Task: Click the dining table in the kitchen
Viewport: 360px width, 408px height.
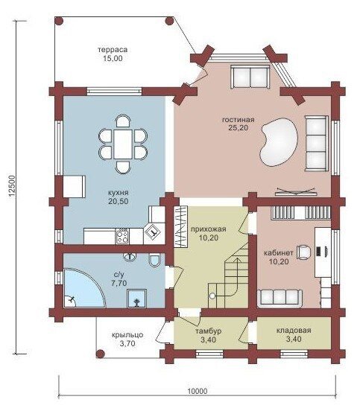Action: point(123,144)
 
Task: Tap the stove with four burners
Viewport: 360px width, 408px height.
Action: point(122,236)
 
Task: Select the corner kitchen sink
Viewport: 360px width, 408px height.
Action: point(153,231)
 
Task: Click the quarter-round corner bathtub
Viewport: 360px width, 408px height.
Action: point(83,288)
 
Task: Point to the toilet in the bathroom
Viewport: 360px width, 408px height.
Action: point(154,260)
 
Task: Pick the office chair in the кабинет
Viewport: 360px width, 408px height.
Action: point(304,252)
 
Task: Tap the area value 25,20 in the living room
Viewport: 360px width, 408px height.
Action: point(238,128)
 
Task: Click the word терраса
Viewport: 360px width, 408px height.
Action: point(113,50)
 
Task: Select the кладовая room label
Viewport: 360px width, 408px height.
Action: point(294,331)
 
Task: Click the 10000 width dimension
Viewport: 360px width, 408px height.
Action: point(198,391)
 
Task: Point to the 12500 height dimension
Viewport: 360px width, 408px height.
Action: point(12,186)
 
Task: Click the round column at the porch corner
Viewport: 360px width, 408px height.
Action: point(100,354)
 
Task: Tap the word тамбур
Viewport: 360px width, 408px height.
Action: point(209,331)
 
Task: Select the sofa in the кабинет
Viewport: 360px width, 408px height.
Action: point(280,297)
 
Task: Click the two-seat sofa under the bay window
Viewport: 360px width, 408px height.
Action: point(250,77)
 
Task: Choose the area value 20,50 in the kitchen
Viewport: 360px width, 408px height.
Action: point(119,202)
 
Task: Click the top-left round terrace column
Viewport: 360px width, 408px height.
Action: point(59,21)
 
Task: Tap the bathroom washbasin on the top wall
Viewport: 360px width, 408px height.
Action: point(130,257)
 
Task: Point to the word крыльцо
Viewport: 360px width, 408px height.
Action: point(127,335)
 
